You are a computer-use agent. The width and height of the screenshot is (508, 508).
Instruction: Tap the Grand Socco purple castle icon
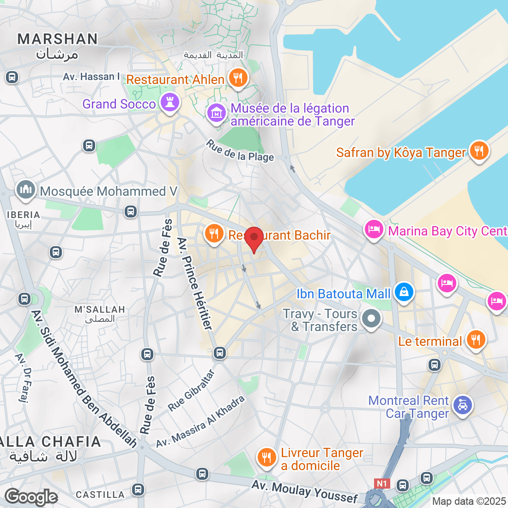click(x=169, y=103)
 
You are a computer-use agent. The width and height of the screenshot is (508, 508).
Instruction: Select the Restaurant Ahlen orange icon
click(x=238, y=78)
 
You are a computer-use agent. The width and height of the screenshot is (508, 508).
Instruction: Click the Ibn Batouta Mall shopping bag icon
click(x=404, y=292)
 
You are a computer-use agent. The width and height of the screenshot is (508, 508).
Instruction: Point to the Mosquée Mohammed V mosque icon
click(x=25, y=190)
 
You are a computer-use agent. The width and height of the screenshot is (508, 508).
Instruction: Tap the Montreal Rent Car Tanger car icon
click(x=462, y=405)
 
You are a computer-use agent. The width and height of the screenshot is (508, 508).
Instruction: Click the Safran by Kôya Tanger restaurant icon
click(x=479, y=151)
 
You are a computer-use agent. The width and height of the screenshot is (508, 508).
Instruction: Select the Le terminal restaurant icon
click(x=475, y=340)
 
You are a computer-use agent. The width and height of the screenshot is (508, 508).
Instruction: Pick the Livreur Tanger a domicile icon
click(x=266, y=458)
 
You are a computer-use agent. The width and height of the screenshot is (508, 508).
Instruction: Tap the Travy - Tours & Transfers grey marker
click(x=371, y=319)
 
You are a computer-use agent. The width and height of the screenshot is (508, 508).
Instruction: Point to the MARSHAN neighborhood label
click(x=58, y=39)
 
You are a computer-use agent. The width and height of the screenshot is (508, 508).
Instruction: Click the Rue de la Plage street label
click(x=240, y=151)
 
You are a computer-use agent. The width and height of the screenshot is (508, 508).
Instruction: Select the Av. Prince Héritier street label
click(x=195, y=284)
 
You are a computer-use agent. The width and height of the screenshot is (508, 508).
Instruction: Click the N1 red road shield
click(x=381, y=484)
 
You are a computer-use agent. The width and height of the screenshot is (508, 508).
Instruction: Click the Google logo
click(x=31, y=497)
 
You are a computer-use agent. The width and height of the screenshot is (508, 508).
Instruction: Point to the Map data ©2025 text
click(x=469, y=501)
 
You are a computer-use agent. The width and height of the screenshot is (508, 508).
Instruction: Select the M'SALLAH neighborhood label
click(x=100, y=309)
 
